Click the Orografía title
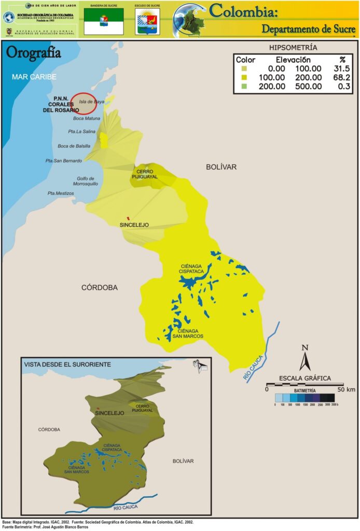(x=33, y=53)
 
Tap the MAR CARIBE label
(x=34, y=77)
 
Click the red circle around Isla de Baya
(x=84, y=103)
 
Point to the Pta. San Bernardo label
(x=64, y=161)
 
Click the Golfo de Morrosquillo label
(x=85, y=181)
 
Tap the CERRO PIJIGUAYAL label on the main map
(x=147, y=174)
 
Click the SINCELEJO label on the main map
(x=134, y=225)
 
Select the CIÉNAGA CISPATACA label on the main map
(x=190, y=269)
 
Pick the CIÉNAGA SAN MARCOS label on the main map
(x=190, y=333)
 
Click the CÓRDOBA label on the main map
(x=100, y=287)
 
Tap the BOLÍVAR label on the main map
(x=221, y=167)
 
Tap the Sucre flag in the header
(x=104, y=21)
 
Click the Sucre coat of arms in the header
(x=147, y=21)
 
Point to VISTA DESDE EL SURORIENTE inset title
(x=67, y=365)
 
